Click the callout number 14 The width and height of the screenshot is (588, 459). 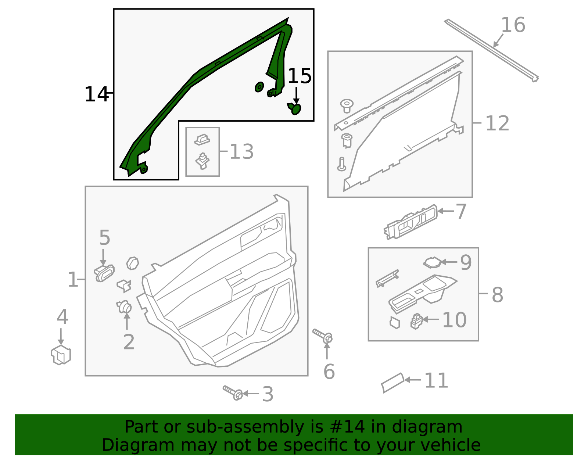96,94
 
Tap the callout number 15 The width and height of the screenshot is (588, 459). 300,76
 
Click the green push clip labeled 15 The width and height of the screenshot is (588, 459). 295,108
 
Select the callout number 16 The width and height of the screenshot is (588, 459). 513,25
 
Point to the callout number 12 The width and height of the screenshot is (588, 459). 497,123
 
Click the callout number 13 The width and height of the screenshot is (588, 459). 241,152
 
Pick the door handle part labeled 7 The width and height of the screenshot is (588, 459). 411,223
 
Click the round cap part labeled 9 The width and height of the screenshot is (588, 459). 433,262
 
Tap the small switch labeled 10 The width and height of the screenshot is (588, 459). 416,321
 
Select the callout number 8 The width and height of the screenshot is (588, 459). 497,295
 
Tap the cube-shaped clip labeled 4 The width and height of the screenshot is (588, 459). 61,355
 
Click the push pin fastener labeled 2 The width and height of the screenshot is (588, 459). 124,306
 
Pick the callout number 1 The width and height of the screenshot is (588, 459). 72,280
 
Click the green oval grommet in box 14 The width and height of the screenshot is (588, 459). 259,87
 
